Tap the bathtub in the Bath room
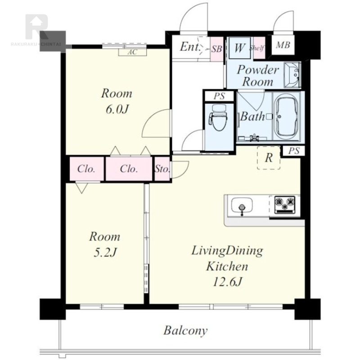click(x=286, y=117)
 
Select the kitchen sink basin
click(x=242, y=205)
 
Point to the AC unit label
click(x=132, y=52)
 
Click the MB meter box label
click(x=283, y=45)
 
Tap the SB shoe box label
click(x=217, y=49)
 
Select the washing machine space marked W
click(x=239, y=48)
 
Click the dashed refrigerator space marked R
click(x=269, y=158)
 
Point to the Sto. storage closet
click(x=162, y=169)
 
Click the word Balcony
click(x=185, y=331)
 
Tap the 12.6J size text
click(x=228, y=282)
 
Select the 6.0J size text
click(x=117, y=109)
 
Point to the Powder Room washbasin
click(x=292, y=75)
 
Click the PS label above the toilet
click(x=220, y=96)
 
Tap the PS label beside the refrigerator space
click(x=294, y=151)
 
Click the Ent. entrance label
click(x=190, y=47)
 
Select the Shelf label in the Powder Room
click(x=257, y=48)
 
